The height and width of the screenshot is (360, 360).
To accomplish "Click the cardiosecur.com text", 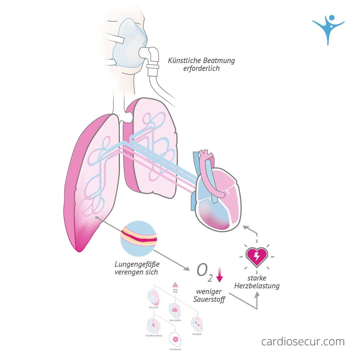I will [x=303, y=341].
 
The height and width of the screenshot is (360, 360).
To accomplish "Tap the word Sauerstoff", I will [x=209, y=299].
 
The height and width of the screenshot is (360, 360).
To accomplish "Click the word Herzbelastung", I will [x=257, y=286].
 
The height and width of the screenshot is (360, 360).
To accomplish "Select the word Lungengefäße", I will [x=137, y=264].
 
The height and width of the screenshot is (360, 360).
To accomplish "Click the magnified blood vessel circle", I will [x=138, y=238].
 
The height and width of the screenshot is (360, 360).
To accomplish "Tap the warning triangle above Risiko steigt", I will [x=175, y=285].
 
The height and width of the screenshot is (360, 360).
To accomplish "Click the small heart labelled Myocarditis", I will [x=154, y=298].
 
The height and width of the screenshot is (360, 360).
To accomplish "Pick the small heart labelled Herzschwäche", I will [x=175, y=310].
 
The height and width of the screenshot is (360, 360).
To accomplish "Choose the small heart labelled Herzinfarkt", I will [x=197, y=324].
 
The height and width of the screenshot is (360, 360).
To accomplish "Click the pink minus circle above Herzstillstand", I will [x=176, y=339].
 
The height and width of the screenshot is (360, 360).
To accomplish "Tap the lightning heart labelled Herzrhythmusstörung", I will [x=153, y=326].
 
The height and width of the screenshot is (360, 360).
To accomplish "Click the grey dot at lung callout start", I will [x=97, y=217].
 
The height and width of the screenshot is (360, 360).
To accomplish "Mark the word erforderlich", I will [x=201, y=69].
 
